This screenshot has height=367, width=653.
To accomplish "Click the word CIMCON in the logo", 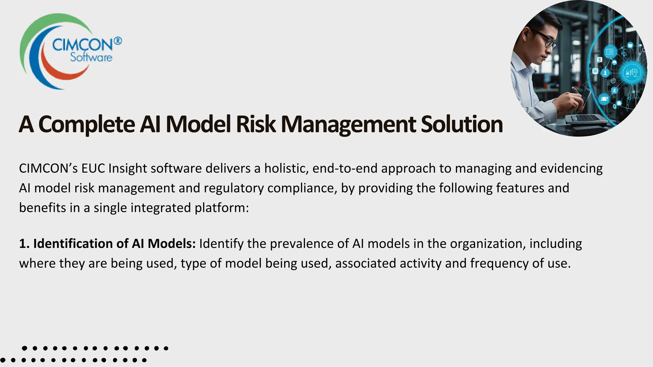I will tap(82, 44).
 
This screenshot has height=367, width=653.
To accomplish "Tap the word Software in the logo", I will tap(91, 58).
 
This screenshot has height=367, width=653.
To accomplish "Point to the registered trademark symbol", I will tap(118, 41).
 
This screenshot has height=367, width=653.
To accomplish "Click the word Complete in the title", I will tap(86, 124).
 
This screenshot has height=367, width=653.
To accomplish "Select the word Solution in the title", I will tap(462, 124).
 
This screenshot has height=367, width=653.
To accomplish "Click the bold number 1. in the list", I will tap(24, 244).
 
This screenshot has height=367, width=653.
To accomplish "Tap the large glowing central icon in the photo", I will tap(632, 73).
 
